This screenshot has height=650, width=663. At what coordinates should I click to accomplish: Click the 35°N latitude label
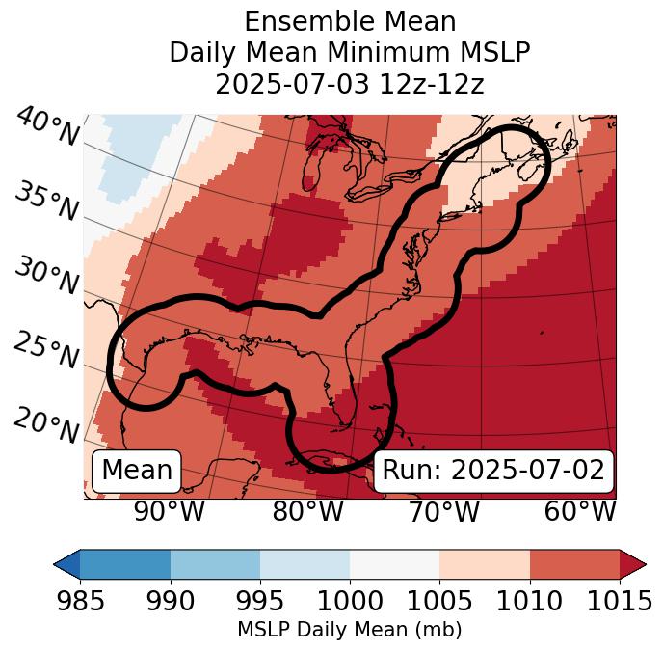coord(45,202)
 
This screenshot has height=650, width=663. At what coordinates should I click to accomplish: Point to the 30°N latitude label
coord(45,277)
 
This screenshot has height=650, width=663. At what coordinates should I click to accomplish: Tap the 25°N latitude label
coord(45,351)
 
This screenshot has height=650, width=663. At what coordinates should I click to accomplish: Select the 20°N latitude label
coord(45,424)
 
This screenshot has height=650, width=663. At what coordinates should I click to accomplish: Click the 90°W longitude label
coord(169,512)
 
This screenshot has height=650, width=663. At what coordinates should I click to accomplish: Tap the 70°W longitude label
coord(443,512)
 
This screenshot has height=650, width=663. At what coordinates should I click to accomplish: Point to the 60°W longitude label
coord(580,512)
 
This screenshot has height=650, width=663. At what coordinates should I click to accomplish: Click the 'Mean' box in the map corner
coord(137,471)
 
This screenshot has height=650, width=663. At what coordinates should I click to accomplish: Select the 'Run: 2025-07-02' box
coord(493,471)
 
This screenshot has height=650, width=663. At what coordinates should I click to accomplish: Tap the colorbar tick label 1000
coord(349,602)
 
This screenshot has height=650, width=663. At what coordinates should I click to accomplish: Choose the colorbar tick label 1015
coord(620,602)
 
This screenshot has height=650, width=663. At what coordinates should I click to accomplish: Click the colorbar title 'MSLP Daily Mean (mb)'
coord(349,630)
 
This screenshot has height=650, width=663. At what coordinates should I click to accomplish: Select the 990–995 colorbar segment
coord(215,563)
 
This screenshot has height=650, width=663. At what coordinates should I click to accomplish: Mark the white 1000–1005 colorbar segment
coord(394,563)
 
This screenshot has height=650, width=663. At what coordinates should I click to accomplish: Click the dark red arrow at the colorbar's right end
coord(632,563)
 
